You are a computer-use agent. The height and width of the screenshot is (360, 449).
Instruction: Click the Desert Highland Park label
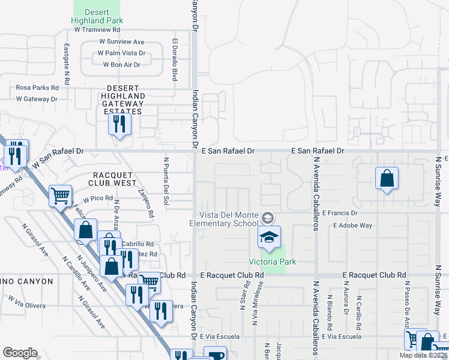[97, 16]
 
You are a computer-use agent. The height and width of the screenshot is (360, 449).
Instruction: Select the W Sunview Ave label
[122, 42]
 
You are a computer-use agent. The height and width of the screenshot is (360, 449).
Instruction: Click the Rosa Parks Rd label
[41, 87]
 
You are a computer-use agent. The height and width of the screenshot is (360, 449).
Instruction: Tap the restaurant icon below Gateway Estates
[118, 124]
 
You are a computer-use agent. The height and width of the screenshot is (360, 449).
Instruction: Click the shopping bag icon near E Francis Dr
[387, 178]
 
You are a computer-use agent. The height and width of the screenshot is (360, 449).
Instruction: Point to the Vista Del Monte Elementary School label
[232, 220]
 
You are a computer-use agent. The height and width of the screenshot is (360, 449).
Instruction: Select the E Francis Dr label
[340, 213]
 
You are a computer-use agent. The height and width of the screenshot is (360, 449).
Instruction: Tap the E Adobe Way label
[352, 226]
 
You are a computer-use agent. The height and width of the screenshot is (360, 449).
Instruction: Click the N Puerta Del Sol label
[166, 179]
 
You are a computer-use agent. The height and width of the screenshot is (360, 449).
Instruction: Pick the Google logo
[20, 353]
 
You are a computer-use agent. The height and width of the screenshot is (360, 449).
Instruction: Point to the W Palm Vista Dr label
[122, 53]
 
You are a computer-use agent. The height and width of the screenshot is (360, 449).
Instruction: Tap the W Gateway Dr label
[37, 99]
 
